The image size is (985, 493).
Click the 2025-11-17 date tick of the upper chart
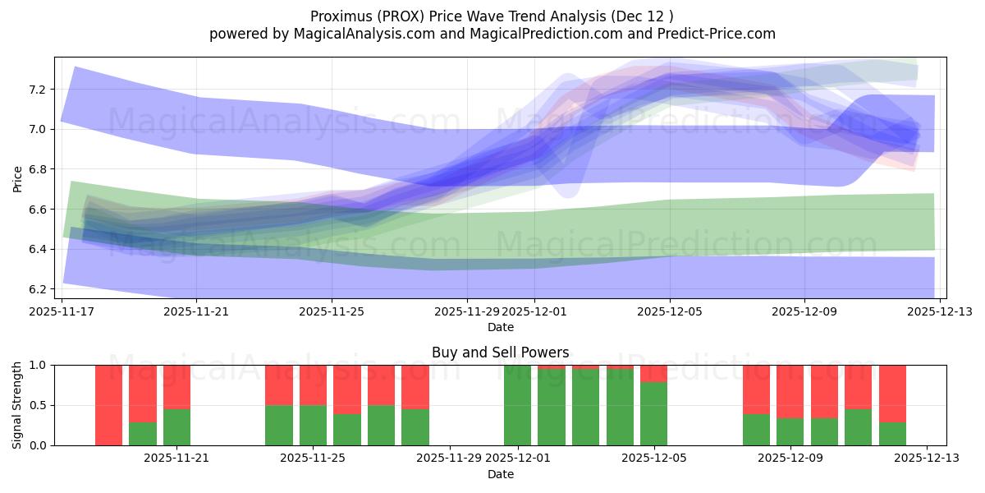point(62,311)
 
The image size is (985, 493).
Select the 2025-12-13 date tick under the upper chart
point(939,311)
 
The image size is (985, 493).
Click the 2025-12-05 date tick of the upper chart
point(670,311)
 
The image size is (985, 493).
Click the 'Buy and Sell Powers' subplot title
point(500,352)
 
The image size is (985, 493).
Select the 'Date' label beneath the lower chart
point(500,474)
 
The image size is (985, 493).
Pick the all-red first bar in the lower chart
point(108,405)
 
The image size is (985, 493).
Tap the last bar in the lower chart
point(892,394)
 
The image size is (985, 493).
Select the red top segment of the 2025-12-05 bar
point(653,373)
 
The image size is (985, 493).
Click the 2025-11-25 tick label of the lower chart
point(313,458)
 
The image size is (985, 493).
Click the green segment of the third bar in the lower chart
point(176,427)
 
